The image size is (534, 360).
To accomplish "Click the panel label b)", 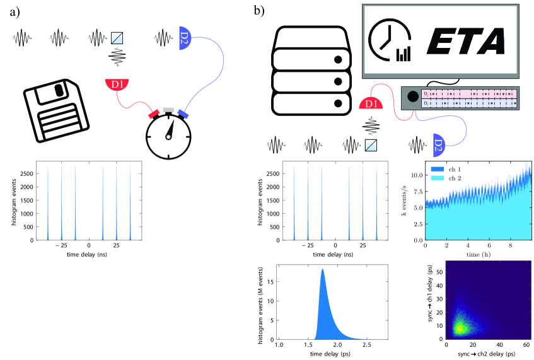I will pyautogui.click(x=258, y=11).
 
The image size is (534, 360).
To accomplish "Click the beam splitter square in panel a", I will pyautogui.click(x=117, y=37).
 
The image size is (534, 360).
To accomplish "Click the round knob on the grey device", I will pyautogui.click(x=414, y=98).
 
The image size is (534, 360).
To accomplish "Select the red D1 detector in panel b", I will pyautogui.click(x=371, y=104).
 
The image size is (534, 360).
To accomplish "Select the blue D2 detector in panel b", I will pyautogui.click(x=439, y=145).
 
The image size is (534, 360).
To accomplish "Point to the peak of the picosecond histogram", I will pyautogui.click(x=323, y=270).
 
